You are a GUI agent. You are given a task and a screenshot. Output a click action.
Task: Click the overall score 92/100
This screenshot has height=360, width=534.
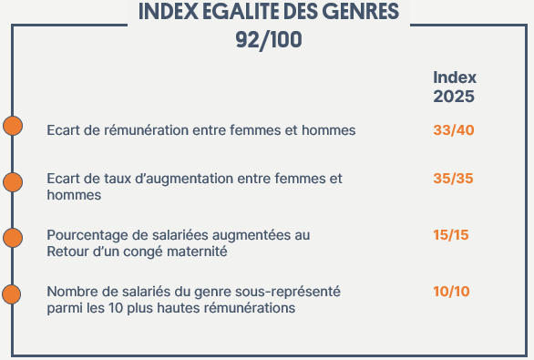(x=268, y=41)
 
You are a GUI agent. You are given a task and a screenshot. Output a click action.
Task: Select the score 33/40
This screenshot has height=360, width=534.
(x=454, y=130)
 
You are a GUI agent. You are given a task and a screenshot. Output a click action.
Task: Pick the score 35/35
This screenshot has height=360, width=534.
(x=454, y=179)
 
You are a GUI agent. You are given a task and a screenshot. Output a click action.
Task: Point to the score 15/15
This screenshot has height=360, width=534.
(x=451, y=235)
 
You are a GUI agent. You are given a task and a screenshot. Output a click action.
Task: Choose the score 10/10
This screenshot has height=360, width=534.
(x=452, y=292)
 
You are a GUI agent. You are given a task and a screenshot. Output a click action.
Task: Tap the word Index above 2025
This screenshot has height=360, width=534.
(x=455, y=77)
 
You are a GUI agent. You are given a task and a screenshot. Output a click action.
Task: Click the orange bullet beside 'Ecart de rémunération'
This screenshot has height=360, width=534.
(x=13, y=127)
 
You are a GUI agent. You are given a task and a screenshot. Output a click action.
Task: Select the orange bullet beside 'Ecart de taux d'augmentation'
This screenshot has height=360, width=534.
(x=13, y=182)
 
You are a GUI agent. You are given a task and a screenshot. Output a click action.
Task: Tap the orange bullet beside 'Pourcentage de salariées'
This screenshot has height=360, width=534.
(x=13, y=238)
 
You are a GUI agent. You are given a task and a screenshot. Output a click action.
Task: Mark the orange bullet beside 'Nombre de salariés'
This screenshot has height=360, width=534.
(x=13, y=294)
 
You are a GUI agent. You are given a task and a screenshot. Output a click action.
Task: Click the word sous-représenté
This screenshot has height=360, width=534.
(x=286, y=292)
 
